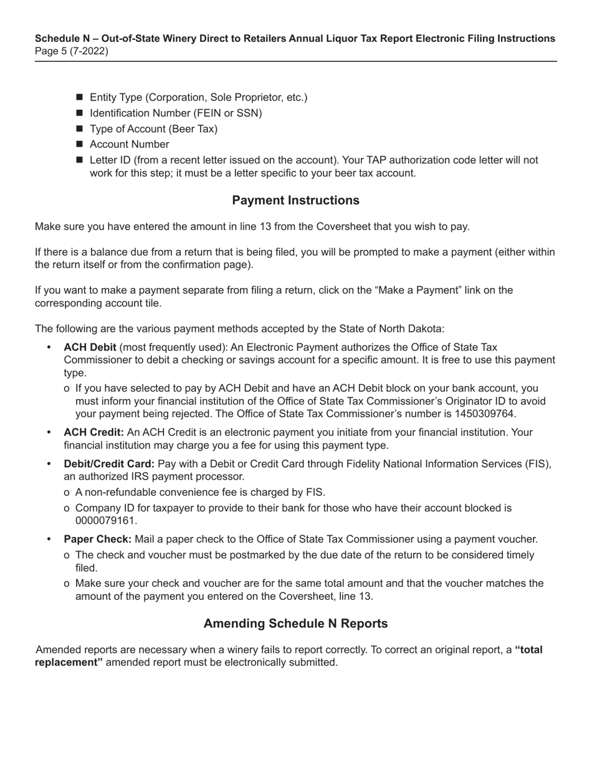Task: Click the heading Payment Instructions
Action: point(295,200)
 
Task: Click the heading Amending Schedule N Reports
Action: point(295,624)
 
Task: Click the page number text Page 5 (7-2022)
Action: point(72,51)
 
